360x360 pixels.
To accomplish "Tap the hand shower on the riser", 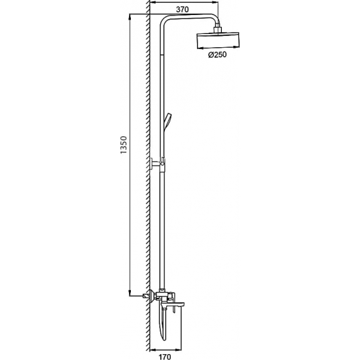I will [x=169, y=120].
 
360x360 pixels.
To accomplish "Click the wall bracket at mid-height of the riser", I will [x=158, y=164].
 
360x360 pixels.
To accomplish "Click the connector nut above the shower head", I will [x=217, y=29].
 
